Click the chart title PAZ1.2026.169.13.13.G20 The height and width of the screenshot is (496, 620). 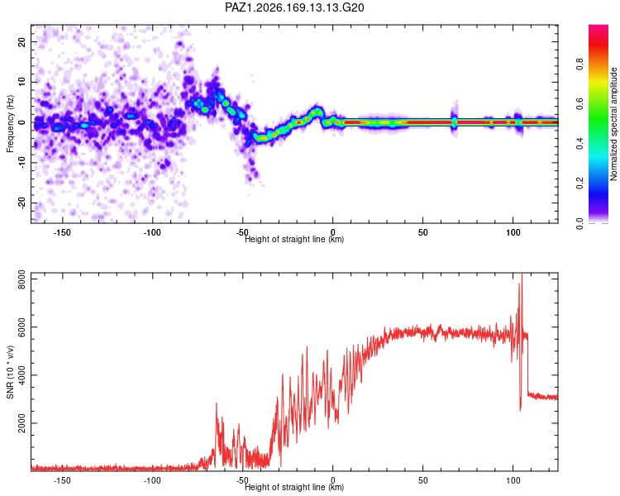point(294,7)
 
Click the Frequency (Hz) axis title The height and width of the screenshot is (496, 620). point(10,123)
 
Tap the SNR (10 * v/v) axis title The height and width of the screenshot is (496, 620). point(10,372)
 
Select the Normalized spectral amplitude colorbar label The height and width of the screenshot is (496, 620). point(613,124)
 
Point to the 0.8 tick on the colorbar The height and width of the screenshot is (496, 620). point(579,64)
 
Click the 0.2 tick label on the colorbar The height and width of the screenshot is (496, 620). point(579,184)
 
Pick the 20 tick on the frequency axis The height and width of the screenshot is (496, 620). point(21,41)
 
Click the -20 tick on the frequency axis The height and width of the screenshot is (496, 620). point(21,203)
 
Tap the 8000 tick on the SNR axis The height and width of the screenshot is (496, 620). point(21,279)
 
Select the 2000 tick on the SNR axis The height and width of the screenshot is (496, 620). point(21,423)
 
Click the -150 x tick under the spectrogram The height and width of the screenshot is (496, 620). point(62,232)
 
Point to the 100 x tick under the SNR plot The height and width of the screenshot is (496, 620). point(513,480)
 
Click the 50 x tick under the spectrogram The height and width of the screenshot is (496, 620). point(423,232)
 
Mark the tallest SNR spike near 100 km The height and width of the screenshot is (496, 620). point(522,274)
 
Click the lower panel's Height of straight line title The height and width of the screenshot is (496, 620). point(294,487)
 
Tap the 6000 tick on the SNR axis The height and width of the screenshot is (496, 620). point(21,327)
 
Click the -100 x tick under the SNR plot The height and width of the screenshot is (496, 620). point(152,480)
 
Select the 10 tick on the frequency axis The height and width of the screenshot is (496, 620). point(21,82)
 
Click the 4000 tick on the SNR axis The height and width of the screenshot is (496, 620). point(21,375)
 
